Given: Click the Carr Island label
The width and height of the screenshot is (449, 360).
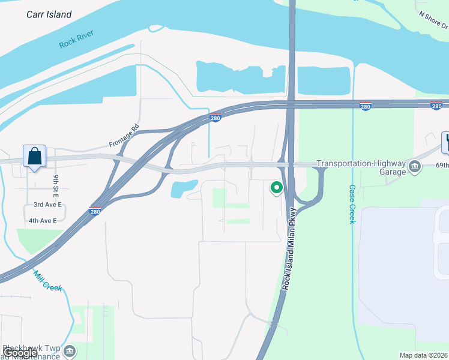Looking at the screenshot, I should click(x=49, y=14).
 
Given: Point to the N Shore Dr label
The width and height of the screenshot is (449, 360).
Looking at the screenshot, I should click(x=433, y=20).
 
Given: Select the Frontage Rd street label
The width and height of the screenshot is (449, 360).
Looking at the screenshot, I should click(x=124, y=136).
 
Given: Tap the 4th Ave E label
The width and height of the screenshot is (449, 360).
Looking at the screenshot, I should click(x=43, y=221).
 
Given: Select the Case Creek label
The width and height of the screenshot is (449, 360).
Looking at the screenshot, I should click(x=352, y=204).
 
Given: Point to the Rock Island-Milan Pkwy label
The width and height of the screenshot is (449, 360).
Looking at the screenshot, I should click(x=289, y=249).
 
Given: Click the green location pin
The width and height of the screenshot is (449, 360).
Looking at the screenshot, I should click(x=277, y=188).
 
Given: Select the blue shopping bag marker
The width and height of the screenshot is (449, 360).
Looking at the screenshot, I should click(x=34, y=157).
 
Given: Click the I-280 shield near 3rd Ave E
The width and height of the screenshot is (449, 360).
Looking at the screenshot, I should click(x=95, y=211).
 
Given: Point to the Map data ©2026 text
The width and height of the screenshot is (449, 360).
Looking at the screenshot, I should click(x=424, y=355).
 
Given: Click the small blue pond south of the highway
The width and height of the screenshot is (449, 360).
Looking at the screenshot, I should click(x=184, y=188).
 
